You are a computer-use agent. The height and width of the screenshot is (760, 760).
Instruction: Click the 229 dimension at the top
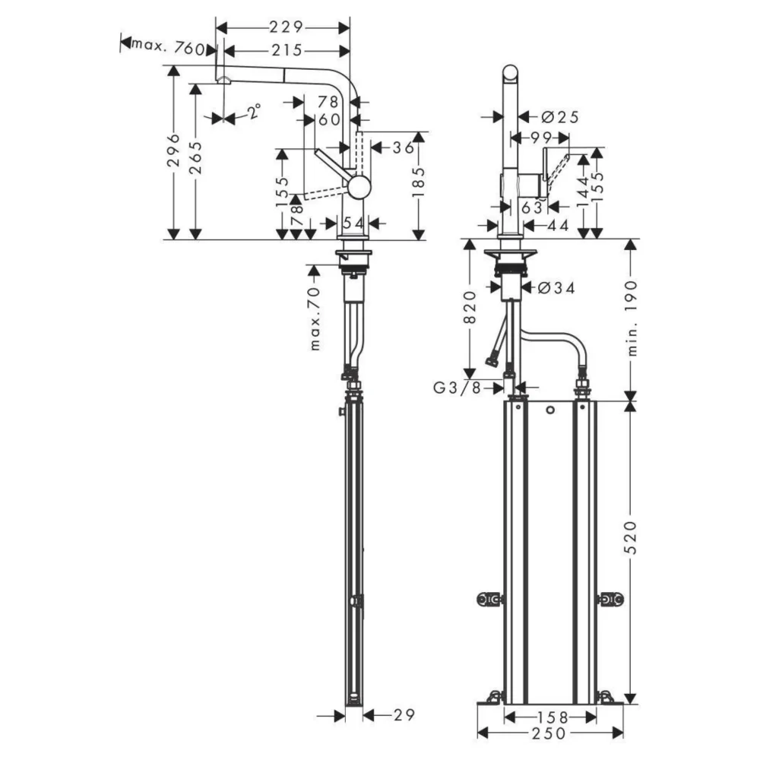point(286,27)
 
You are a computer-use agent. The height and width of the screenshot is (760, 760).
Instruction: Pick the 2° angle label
point(253,113)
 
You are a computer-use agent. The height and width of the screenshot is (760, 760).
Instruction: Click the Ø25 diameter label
point(560,116)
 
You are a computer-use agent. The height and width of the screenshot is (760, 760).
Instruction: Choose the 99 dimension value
point(540,138)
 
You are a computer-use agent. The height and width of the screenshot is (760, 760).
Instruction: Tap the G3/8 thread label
point(458,388)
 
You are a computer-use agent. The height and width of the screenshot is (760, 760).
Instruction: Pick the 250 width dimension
point(550,733)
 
